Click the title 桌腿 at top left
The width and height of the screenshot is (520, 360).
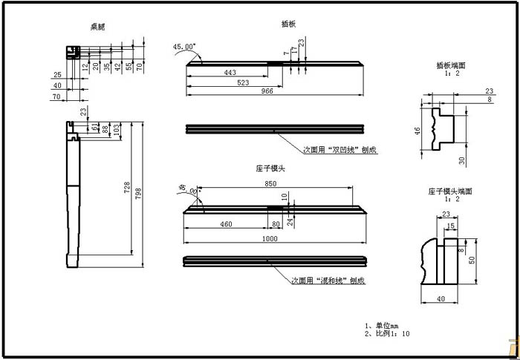(98, 27)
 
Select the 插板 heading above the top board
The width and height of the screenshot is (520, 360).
(288, 24)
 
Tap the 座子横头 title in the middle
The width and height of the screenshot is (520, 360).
(270, 169)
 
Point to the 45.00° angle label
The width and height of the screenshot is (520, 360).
(184, 47)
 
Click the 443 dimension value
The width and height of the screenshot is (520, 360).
(229, 72)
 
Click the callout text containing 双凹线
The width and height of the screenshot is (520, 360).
(340, 149)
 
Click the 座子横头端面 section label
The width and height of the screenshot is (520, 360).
(449, 191)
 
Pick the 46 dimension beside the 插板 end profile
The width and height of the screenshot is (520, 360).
(417, 131)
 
